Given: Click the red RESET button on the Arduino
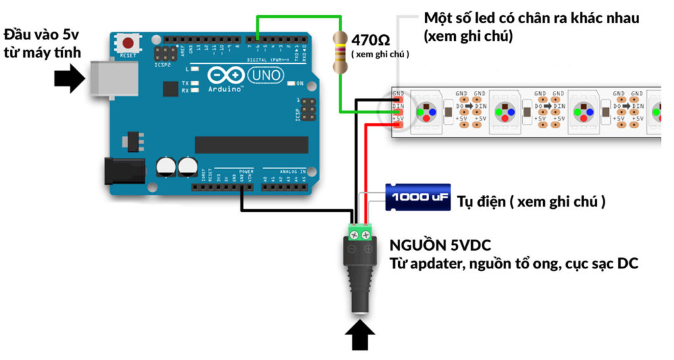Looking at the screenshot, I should pyautogui.click(x=128, y=43).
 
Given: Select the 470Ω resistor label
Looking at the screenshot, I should pyautogui.click(x=374, y=39).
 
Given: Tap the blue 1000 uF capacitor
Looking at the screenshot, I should pyautogui.click(x=418, y=197).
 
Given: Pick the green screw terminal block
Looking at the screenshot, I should pyautogui.click(x=360, y=231).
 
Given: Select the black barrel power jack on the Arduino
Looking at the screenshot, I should pyautogui.click(x=125, y=171).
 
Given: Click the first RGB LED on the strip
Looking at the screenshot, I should pyautogui.click(x=427, y=111).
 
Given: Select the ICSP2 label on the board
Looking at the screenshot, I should pyautogui.click(x=163, y=66).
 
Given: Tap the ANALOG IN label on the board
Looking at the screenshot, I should pyautogui.click(x=294, y=171).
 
